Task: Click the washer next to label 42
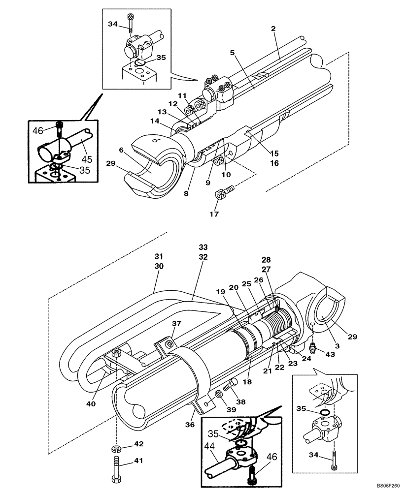[116, 449]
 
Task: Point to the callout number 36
[190, 424]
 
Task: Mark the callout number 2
[272, 29]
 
